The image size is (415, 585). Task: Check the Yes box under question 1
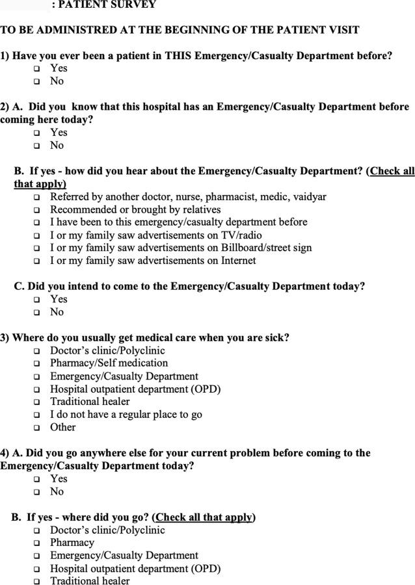tap(36, 69)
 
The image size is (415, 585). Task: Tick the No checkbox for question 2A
tap(36, 146)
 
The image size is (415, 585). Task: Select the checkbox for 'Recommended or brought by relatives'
tap(36, 211)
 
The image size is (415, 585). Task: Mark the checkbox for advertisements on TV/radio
tap(36, 236)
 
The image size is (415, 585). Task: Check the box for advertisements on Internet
tap(36, 261)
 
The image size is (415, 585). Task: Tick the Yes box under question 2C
tap(36, 300)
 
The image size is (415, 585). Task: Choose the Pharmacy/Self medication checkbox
tap(36, 364)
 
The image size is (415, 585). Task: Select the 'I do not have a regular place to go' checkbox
tap(36, 415)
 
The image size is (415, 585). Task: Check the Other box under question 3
tap(36, 428)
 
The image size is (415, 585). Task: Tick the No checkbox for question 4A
tap(36, 493)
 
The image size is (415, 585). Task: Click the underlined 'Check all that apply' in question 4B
tap(204, 517)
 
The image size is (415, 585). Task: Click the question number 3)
tap(5, 337)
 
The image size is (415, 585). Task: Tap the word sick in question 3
tap(274, 337)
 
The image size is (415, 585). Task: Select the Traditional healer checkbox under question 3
tap(36, 402)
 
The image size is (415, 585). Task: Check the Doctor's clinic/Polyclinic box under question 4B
tap(36, 531)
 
